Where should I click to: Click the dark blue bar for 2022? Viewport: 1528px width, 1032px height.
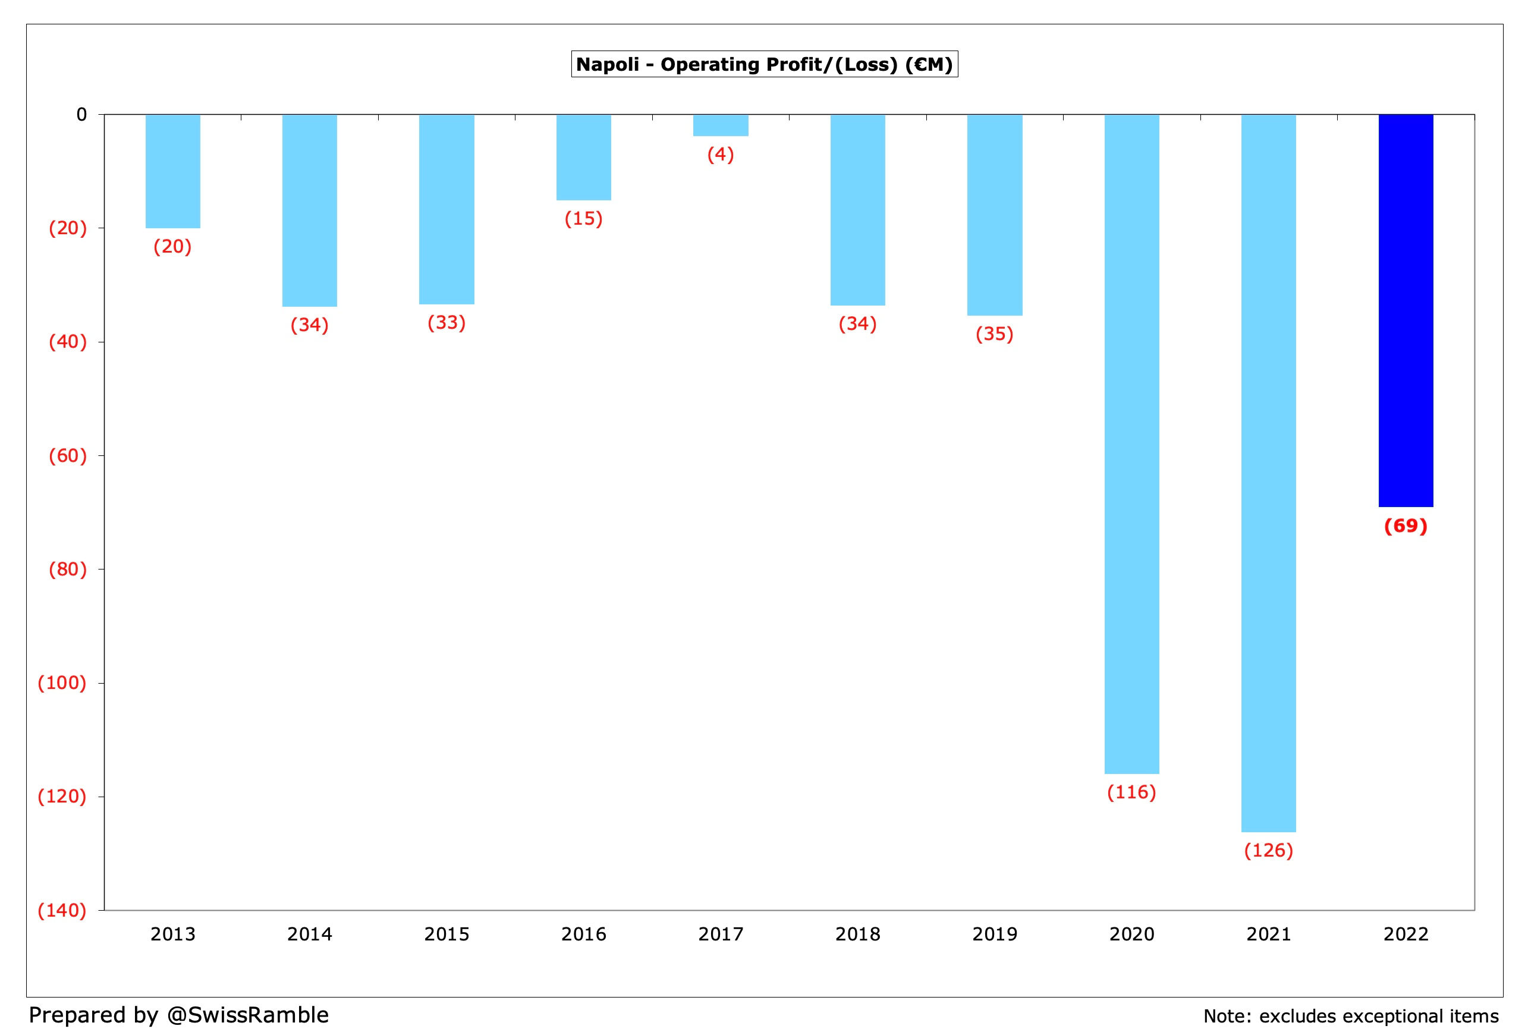(1405, 310)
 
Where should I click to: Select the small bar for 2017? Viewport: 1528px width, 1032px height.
(720, 125)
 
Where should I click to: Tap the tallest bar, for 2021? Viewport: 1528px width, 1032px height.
(1268, 473)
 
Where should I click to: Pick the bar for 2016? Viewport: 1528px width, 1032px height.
(583, 158)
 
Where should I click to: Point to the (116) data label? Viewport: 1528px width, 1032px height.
(1131, 792)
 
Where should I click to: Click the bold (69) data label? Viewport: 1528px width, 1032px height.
(1405, 526)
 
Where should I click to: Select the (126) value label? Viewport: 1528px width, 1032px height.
(1268, 851)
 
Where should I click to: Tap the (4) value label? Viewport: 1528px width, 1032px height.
(720, 155)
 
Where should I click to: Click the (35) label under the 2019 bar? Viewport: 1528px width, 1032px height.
(994, 334)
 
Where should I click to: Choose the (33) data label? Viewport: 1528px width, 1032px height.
(447, 323)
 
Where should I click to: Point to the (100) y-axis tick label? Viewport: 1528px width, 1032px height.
(62, 683)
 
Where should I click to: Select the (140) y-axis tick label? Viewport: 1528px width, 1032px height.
(62, 910)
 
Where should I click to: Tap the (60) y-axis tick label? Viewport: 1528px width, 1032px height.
(68, 455)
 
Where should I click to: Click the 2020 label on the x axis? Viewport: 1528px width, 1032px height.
(1131, 934)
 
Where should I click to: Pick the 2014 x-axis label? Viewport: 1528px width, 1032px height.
(310, 934)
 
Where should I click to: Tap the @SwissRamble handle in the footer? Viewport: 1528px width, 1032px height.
(247, 1015)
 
